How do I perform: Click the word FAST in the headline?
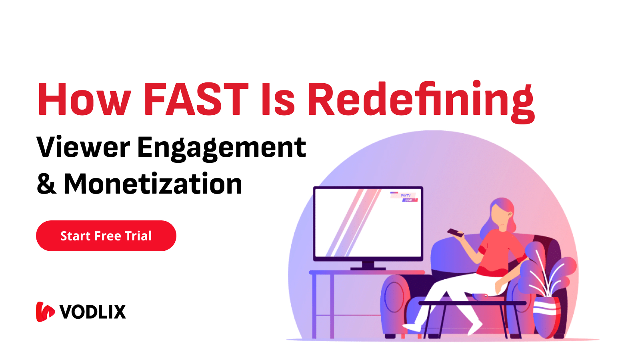click(x=196, y=99)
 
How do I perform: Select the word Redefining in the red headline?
click(x=420, y=100)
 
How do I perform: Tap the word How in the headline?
click(x=84, y=99)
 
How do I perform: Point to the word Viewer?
click(x=83, y=147)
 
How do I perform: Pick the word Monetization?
click(x=153, y=184)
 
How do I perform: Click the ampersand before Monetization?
click(x=46, y=184)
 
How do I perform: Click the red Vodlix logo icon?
click(x=45, y=312)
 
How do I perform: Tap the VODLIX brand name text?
click(x=93, y=312)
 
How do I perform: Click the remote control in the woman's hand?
click(x=455, y=232)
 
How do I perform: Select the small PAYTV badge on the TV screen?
click(x=405, y=196)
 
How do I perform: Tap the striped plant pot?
click(x=547, y=316)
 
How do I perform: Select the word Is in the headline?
click(x=278, y=100)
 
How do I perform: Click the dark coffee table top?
click(x=472, y=303)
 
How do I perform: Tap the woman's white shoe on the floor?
click(x=412, y=327)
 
